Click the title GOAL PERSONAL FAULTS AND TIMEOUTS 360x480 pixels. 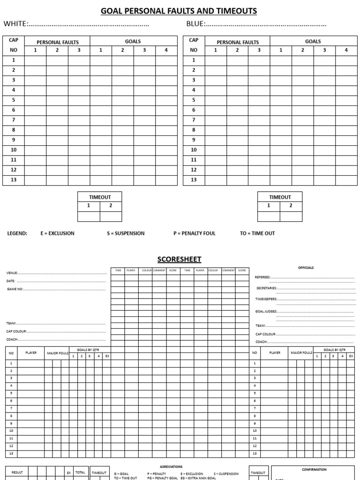point(180,11)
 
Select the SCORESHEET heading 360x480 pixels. point(180,259)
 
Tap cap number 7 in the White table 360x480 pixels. point(14,120)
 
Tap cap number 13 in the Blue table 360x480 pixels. point(194,180)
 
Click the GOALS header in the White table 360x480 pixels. point(133,41)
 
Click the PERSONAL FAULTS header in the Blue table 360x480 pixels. point(238,42)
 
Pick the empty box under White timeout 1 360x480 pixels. point(89,216)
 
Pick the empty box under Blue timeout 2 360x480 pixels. point(291,216)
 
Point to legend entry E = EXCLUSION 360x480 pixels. point(57,233)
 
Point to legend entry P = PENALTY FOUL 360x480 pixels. point(195,233)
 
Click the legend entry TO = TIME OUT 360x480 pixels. point(257,233)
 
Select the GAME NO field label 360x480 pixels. point(15,289)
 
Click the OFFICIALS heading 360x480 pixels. point(306,268)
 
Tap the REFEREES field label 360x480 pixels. point(263,277)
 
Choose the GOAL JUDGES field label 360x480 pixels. point(266,311)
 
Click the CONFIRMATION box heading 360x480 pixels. point(314,469)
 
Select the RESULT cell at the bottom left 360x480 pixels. point(17,472)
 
